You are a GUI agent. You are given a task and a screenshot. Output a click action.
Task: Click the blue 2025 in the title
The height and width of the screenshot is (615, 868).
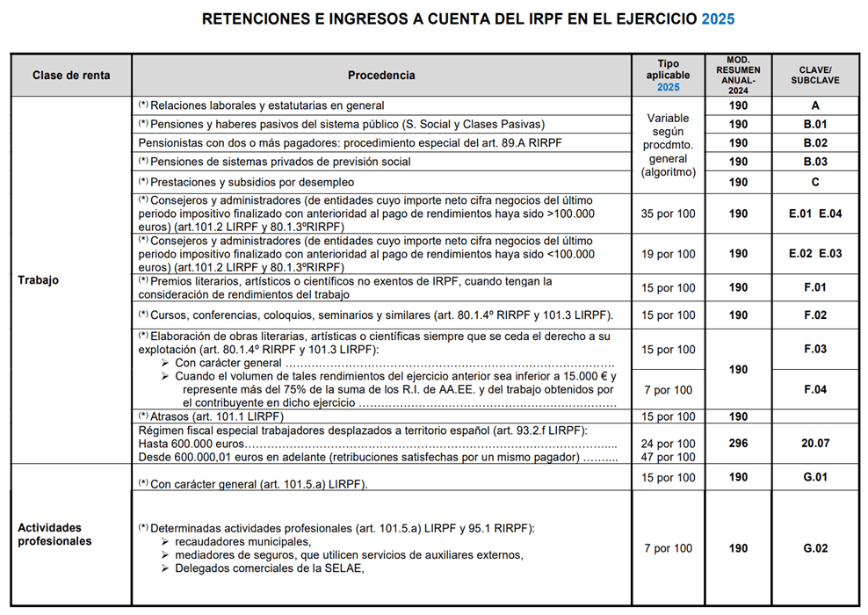click(718, 18)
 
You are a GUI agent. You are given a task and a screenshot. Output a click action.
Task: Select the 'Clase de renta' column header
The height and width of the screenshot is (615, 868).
click(71, 76)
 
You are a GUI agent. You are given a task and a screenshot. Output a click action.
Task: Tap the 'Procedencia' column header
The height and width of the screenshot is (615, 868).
click(381, 76)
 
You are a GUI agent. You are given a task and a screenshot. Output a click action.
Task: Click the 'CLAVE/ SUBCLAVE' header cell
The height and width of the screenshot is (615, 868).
click(814, 76)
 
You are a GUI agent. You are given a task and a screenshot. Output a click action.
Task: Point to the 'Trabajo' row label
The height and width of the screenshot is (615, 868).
click(38, 280)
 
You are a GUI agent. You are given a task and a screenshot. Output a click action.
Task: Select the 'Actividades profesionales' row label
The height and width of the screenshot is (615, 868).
click(54, 534)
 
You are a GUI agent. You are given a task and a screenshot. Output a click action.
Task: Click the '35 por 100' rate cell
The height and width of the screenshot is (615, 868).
click(669, 213)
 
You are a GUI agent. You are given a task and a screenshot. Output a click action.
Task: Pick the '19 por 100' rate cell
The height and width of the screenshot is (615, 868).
click(669, 254)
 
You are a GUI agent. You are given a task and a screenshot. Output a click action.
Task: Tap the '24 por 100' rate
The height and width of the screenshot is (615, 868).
click(669, 444)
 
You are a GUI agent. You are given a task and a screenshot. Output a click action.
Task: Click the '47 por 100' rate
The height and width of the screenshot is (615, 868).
click(669, 457)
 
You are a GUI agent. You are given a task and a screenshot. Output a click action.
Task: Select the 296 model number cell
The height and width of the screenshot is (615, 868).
click(738, 444)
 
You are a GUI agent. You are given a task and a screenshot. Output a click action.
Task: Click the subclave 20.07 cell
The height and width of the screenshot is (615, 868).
click(814, 444)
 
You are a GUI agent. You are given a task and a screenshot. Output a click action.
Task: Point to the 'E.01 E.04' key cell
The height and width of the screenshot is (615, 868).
click(814, 213)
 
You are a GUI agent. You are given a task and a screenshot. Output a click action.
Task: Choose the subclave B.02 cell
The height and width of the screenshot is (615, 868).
click(814, 143)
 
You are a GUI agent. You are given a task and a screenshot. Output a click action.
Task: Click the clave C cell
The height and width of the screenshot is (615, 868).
click(814, 182)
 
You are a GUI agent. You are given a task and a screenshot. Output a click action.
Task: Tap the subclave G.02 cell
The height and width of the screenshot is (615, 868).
click(814, 548)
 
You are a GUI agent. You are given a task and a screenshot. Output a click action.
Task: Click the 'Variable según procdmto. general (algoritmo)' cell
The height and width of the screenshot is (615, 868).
click(669, 145)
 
